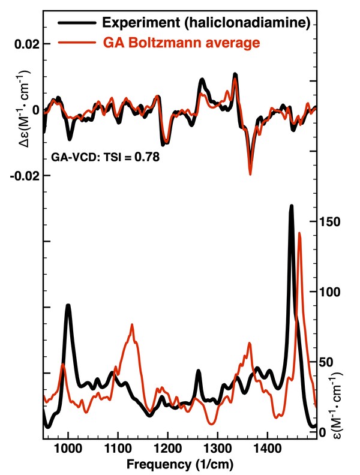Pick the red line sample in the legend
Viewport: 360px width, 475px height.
coord(76,43)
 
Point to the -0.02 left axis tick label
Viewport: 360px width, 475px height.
coord(25,176)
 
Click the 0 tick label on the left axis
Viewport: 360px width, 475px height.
coord(37,110)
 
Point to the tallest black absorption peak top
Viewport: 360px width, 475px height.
coord(292,206)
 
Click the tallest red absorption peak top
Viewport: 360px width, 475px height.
coord(299,233)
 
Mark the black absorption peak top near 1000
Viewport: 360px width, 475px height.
coord(68,305)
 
